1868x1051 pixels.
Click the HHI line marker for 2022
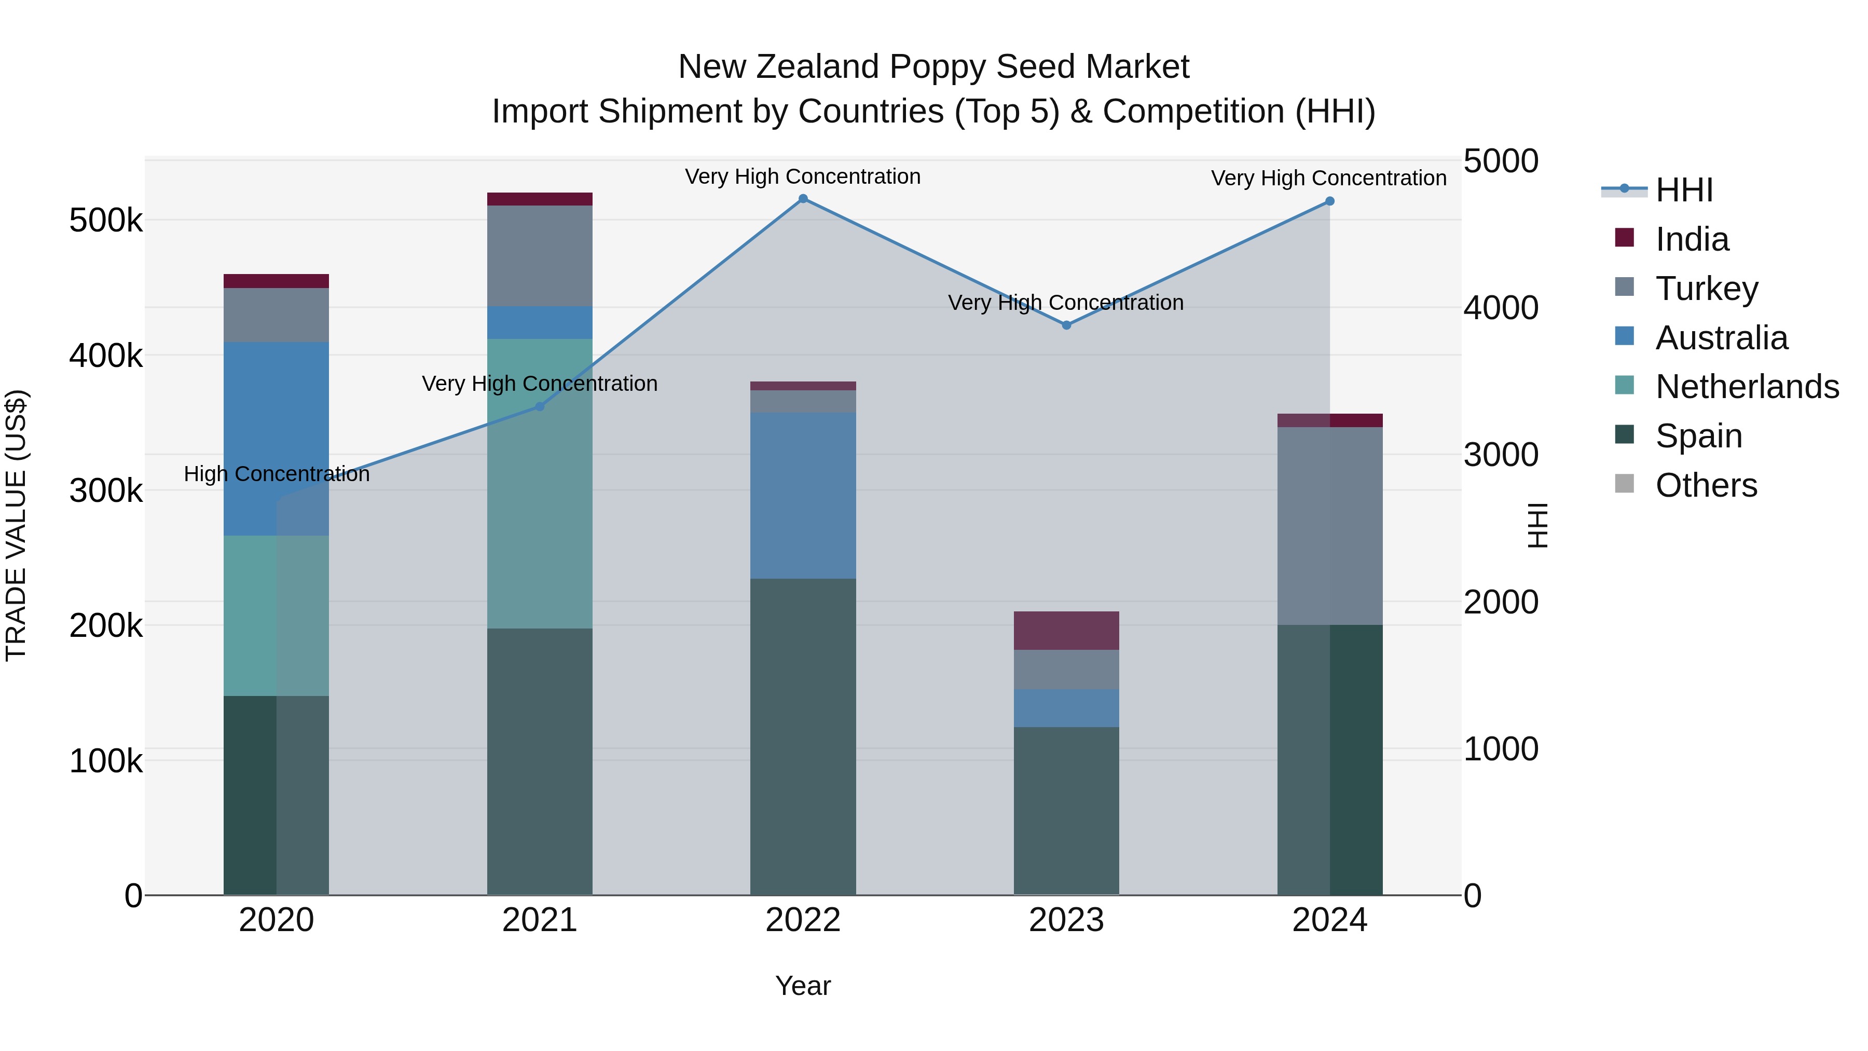pyautogui.click(x=803, y=199)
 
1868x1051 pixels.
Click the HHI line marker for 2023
pyautogui.click(x=1066, y=325)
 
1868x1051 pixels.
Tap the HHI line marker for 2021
pyautogui.click(x=540, y=407)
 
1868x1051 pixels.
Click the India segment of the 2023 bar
pyautogui.click(x=1066, y=630)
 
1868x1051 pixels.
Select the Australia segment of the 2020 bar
pyautogui.click(x=276, y=439)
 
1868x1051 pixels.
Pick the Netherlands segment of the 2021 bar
pyautogui.click(x=540, y=484)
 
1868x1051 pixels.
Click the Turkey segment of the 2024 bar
pyautogui.click(x=1329, y=526)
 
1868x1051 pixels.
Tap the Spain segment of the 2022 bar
pyautogui.click(x=803, y=736)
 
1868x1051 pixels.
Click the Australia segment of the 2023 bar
pyautogui.click(x=1066, y=708)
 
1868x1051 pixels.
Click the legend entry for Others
pyautogui.click(x=1706, y=485)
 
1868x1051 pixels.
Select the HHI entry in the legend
pyautogui.click(x=1684, y=190)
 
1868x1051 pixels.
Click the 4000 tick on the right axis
pyautogui.click(x=1500, y=308)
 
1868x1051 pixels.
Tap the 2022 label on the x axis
pyautogui.click(x=803, y=920)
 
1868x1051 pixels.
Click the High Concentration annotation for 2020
pyautogui.click(x=276, y=474)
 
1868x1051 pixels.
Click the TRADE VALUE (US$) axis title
pyautogui.click(x=16, y=525)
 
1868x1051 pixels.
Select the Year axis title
pyautogui.click(x=803, y=986)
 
